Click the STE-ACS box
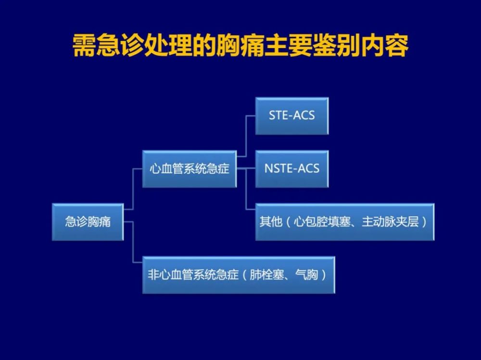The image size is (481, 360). coord(292,116)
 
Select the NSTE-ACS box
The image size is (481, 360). coord(292,169)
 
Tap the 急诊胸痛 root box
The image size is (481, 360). coord(88,222)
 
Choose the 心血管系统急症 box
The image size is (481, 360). coord(189,169)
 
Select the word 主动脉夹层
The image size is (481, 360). coord(390,222)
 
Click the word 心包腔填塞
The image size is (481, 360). coord(322,222)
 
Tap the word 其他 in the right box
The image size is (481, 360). coord(271,222)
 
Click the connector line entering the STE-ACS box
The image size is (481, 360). coord(246,136)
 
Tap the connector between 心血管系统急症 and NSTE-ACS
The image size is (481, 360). coord(246,169)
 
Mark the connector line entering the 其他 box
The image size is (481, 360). coord(246,189)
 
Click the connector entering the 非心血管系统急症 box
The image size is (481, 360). coord(133,242)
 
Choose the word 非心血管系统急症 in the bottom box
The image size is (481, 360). coord(193,274)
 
